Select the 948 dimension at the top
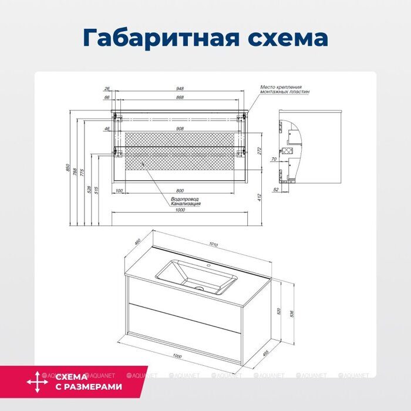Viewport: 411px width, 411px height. tap(178, 87)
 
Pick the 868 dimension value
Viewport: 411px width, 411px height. tap(178, 97)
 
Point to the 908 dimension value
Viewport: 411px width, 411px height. tap(178, 128)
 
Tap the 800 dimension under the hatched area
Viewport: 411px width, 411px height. tap(178, 190)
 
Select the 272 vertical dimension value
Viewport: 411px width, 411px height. tap(259, 150)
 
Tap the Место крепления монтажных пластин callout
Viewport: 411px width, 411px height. tap(285, 90)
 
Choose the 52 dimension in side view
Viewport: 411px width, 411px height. tap(275, 190)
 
